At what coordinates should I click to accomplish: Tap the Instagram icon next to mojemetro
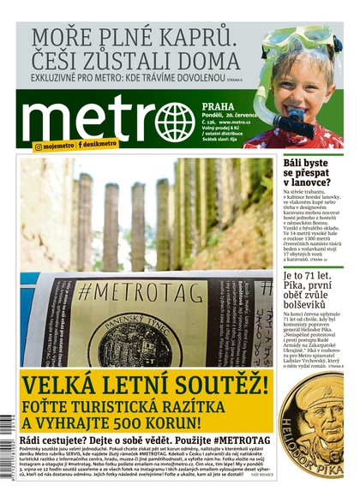tap(39, 147)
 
